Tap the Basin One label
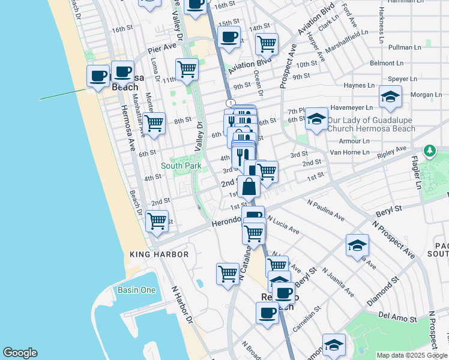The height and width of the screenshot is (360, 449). pos(137,290)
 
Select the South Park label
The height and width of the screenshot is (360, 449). pos(181,166)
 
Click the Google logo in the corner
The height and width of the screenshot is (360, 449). pos(20,353)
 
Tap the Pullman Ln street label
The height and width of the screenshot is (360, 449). pos(405,47)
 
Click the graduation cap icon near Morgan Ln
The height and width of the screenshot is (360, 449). pos(390,98)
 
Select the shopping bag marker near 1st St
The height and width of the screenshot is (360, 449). pos(249,187)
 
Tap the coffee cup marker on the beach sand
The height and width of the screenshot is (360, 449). pos(98,77)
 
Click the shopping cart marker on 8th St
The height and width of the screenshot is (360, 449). pos(155,123)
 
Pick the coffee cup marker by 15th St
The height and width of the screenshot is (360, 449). pos(229,37)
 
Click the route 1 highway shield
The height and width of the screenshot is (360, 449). pos(231,104)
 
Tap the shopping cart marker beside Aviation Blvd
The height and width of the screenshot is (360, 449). pos(267,44)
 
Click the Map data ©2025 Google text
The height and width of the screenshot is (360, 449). pos(411,355)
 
